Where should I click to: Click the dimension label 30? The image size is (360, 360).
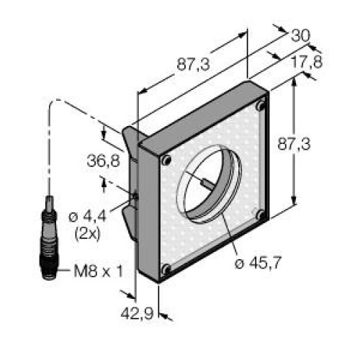300,37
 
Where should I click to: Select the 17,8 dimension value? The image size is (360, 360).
307,62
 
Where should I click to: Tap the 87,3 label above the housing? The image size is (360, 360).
193,64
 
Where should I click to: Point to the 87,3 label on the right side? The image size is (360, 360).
294,144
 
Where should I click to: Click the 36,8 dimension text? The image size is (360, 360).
103,161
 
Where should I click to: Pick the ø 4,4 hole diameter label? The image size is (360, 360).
87,217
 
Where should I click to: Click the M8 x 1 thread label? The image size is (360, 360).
99,271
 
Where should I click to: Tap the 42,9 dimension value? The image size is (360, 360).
137,313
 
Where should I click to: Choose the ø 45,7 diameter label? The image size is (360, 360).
258,263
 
